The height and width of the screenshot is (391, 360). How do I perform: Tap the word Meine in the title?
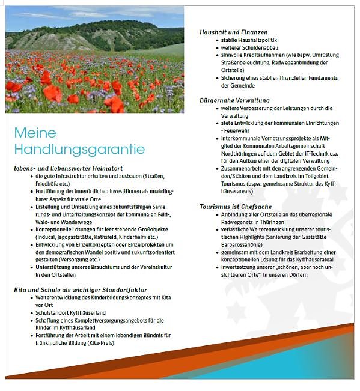point(35,132)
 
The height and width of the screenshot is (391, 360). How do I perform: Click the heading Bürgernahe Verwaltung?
point(234,100)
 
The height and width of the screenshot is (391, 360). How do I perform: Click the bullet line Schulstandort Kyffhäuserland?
point(71,312)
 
